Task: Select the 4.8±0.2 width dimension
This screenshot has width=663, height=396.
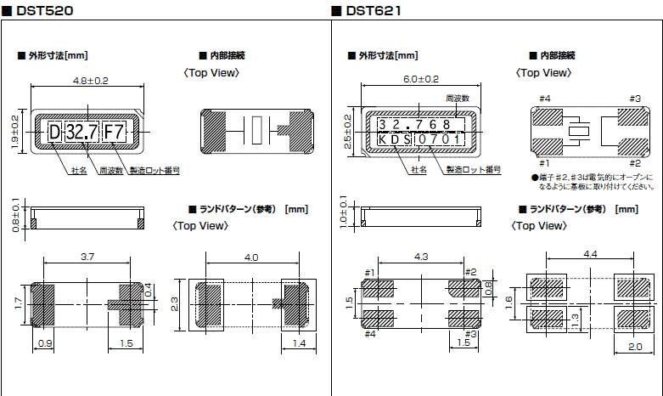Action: tap(87, 81)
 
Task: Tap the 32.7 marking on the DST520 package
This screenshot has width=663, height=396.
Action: tap(81, 132)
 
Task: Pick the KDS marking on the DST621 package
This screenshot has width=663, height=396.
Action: tap(394, 139)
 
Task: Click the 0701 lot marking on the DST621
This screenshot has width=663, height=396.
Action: tap(441, 139)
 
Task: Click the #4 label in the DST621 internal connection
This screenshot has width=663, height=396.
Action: tap(543, 99)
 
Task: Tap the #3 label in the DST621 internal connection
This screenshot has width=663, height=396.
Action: tap(634, 99)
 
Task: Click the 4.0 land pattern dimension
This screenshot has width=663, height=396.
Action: tap(250, 257)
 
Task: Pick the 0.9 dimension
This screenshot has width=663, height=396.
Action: tap(45, 342)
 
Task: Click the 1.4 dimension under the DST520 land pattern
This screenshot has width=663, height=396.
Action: tap(299, 342)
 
